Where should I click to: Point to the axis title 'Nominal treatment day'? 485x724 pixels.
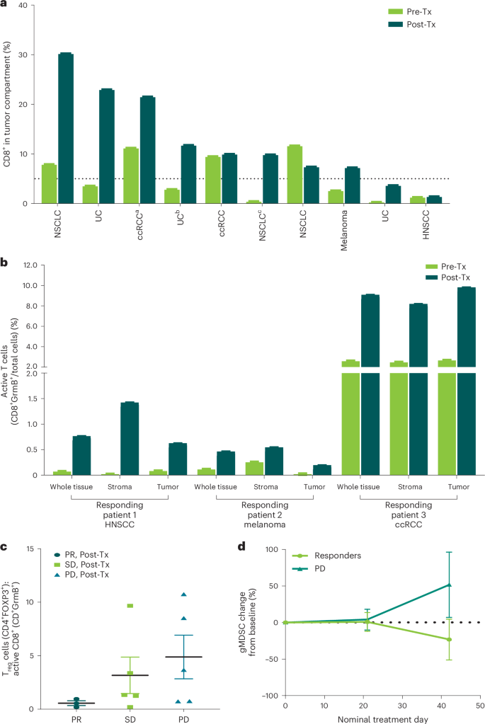(x=382, y=718)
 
